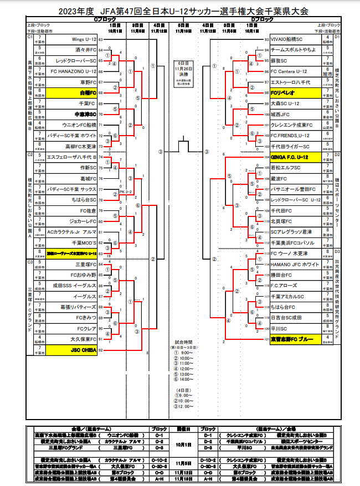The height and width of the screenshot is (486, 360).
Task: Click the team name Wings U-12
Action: [x=84, y=40]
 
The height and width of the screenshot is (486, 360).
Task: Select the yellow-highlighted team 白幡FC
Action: [x=88, y=93]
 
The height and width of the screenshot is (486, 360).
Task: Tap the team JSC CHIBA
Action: [x=84, y=350]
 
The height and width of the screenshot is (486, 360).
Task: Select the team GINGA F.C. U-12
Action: [x=289, y=157]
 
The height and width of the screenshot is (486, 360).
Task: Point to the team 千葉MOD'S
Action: [x=85, y=242]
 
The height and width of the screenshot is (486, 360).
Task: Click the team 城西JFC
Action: [x=282, y=114]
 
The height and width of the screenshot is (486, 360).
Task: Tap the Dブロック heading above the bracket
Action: [x=261, y=19]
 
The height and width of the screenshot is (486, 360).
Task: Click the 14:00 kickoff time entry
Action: [x=184, y=380]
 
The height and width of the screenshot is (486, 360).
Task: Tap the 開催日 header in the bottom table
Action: [x=184, y=428]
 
